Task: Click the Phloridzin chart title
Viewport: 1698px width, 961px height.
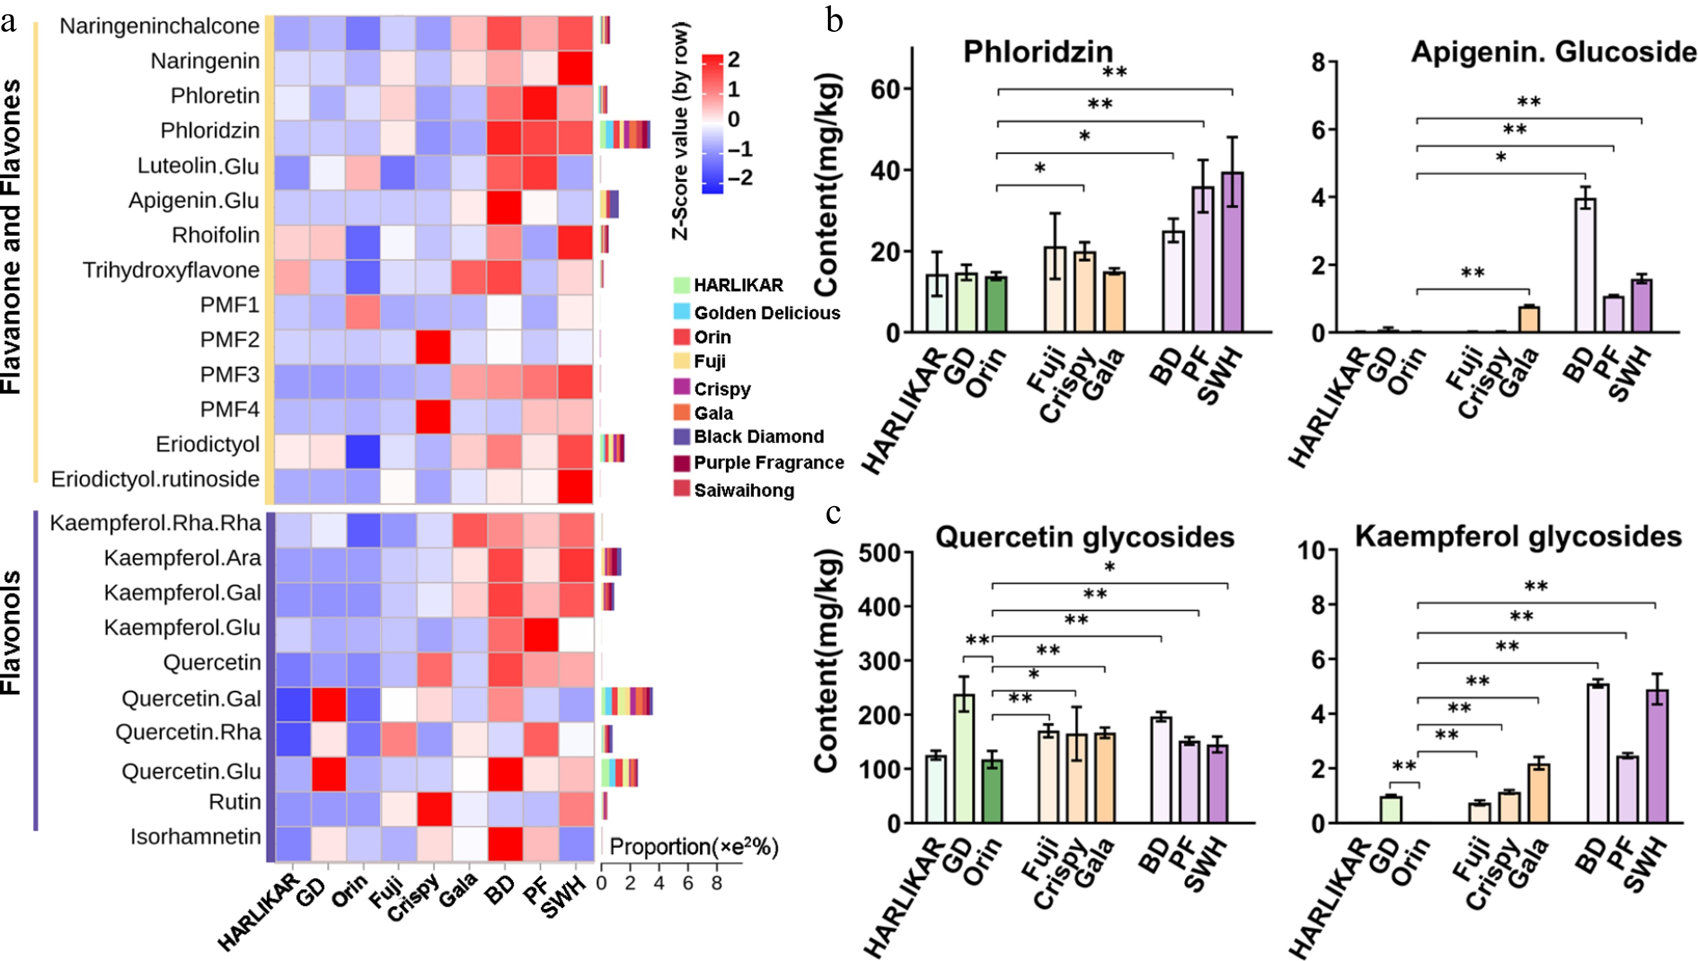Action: [1038, 52]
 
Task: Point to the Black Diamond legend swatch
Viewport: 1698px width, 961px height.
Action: [681, 436]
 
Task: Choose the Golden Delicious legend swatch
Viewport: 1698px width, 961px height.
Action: [681, 312]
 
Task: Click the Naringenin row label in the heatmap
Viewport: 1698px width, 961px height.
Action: [205, 61]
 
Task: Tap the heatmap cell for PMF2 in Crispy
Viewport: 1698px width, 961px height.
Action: [433, 347]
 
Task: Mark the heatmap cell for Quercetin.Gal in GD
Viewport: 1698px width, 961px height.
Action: [328, 704]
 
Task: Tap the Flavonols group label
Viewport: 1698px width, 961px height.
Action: [12, 632]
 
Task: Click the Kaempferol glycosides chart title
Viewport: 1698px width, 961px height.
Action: [1518, 536]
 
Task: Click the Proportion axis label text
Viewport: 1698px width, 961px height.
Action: [694, 846]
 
